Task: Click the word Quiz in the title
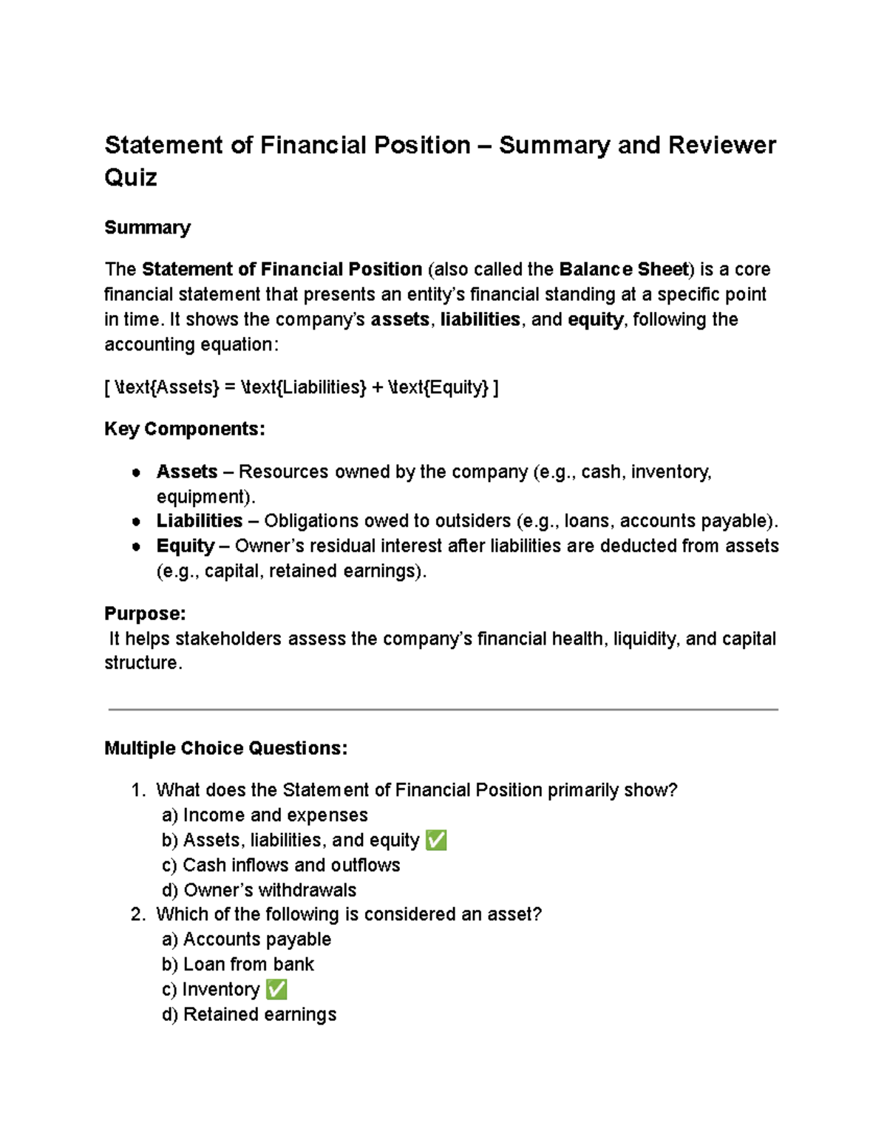coord(131,178)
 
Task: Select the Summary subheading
coord(147,228)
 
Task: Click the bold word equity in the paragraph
coord(596,319)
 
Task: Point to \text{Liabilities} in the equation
coord(303,387)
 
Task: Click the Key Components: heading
coord(184,429)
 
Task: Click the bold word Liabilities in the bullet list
coord(200,521)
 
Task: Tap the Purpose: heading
coord(145,614)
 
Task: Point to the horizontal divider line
coord(443,710)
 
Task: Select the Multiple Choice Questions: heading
coord(225,748)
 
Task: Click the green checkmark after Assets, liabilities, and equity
coord(436,840)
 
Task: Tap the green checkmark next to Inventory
coord(276,990)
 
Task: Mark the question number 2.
coord(137,915)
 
